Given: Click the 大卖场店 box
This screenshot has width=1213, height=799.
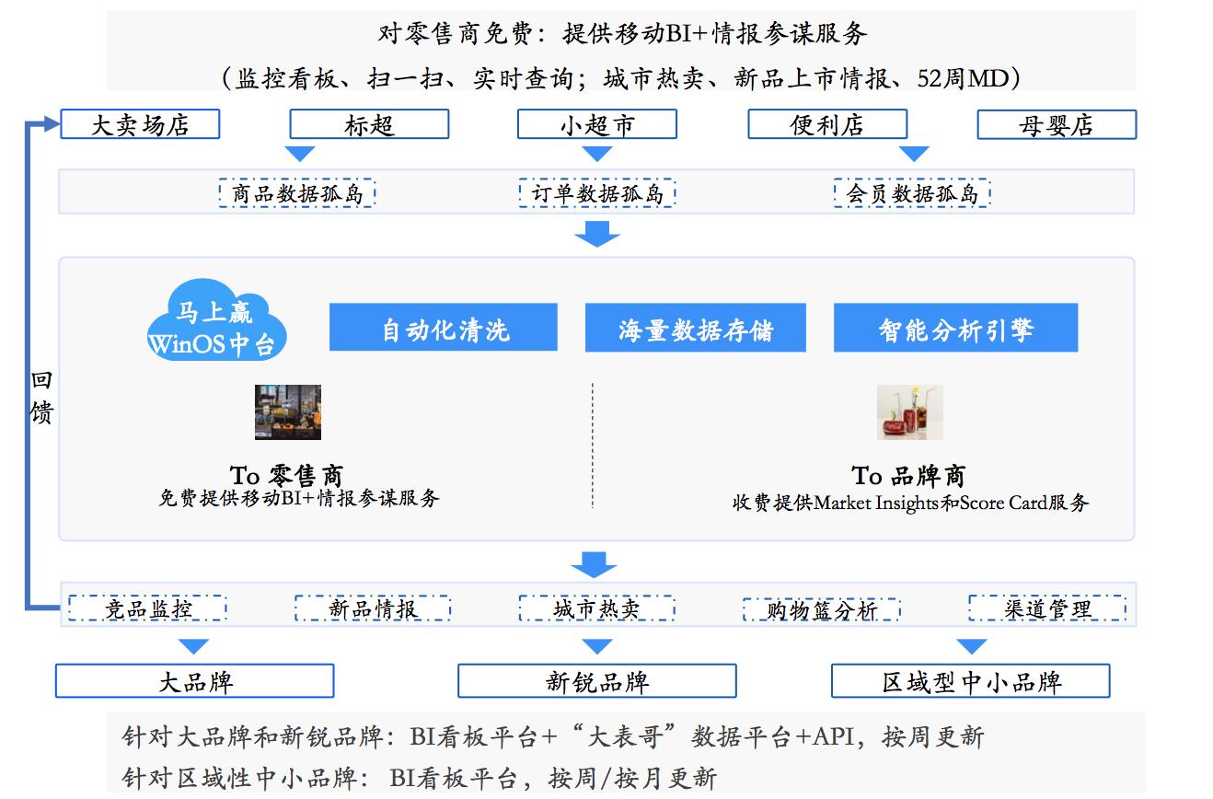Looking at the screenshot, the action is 140,124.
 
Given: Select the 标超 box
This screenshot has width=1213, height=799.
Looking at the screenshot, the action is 369,124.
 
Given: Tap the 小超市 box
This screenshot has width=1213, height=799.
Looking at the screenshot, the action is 597,124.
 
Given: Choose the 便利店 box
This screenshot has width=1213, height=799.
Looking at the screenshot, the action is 827,124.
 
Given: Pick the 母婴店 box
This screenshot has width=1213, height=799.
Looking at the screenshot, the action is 1057,124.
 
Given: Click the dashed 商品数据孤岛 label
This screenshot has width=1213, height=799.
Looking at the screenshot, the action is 297,192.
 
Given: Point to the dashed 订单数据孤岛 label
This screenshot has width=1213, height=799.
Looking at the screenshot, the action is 597,192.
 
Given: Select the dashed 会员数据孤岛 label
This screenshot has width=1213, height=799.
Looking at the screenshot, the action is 912,192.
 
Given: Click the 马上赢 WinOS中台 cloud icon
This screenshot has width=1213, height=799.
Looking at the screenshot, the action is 216,320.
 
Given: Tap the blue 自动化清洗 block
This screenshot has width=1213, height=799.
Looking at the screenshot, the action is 444,327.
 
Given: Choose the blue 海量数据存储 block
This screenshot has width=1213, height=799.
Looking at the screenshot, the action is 695,327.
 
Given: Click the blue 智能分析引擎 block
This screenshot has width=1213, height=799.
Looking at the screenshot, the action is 956,327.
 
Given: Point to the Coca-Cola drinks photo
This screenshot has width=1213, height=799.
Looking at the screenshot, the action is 910,412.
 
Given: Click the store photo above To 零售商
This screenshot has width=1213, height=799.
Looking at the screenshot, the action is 288,412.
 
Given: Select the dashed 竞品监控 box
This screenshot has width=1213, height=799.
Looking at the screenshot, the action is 147,608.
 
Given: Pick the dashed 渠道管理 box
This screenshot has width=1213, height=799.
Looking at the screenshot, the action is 1048,608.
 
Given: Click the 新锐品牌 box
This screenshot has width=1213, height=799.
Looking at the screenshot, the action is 597,681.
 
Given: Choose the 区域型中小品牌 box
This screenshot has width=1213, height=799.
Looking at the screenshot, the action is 971,681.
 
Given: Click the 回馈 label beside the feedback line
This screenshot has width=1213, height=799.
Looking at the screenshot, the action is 41,397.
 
